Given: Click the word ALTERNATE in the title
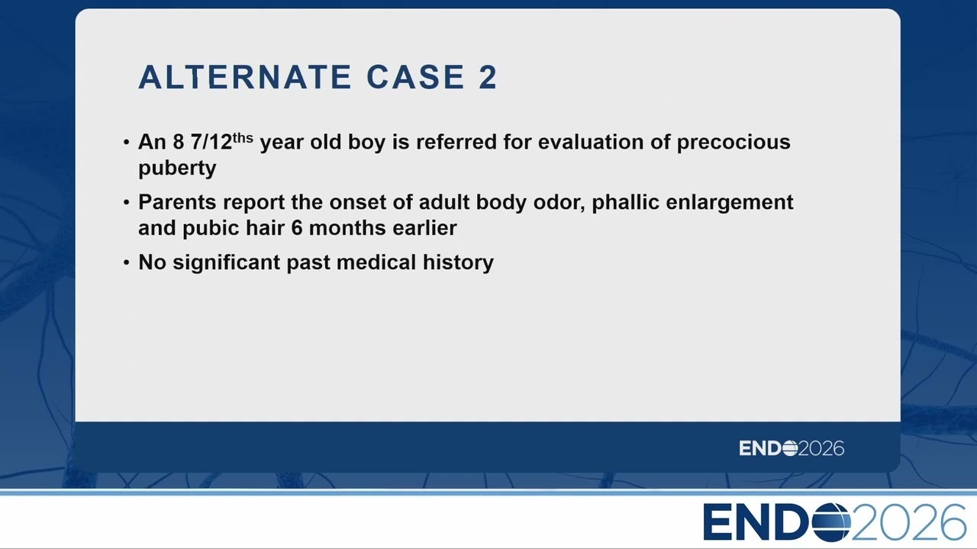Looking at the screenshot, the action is tap(245, 77).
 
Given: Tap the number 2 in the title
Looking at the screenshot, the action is tap(488, 77).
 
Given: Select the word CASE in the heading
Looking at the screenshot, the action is tap(415, 77).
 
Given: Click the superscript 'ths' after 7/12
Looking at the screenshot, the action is tap(243, 138).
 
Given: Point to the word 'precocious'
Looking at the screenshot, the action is tap(734, 142).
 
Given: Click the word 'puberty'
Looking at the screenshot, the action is tap(177, 169).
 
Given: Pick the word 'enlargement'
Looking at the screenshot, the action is tap(730, 203).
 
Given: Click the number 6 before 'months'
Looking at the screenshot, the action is tap(297, 228).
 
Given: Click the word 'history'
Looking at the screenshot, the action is tap(458, 263).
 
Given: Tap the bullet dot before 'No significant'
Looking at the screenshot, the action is tap(127, 263).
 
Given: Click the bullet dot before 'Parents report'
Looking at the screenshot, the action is tap(127, 203).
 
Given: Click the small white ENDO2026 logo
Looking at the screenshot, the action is tap(792, 448).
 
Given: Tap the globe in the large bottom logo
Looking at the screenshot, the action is tap(831, 522).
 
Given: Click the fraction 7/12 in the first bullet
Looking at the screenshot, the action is tap(211, 142).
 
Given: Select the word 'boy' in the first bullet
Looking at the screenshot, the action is tap(366, 143).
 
